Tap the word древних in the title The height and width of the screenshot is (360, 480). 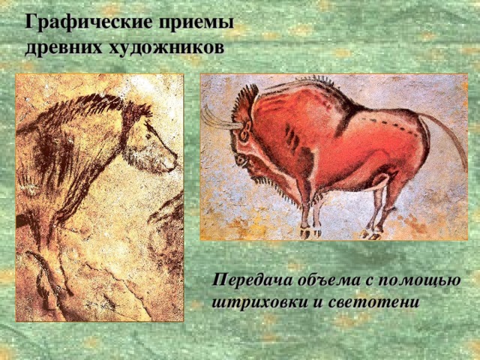tap(63, 48)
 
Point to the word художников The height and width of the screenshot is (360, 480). tap(166, 47)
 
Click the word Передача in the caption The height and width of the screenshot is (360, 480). tap(252, 280)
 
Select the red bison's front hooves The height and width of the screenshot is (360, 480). tap(310, 232)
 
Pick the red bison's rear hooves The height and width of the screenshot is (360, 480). tap(372, 234)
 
